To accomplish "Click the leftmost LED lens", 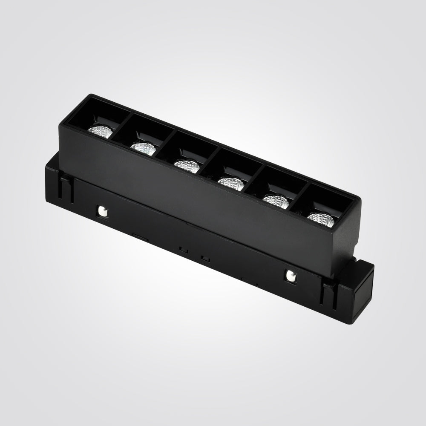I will click(x=100, y=131).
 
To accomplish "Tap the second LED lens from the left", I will click(x=143, y=147).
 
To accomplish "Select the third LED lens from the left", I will click(x=187, y=165).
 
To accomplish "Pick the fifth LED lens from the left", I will click(x=276, y=201).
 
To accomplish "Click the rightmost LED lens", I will click(x=320, y=219).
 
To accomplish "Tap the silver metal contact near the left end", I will click(x=103, y=210).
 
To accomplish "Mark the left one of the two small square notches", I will click(x=182, y=248).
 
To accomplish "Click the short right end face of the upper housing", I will click(x=347, y=239).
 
